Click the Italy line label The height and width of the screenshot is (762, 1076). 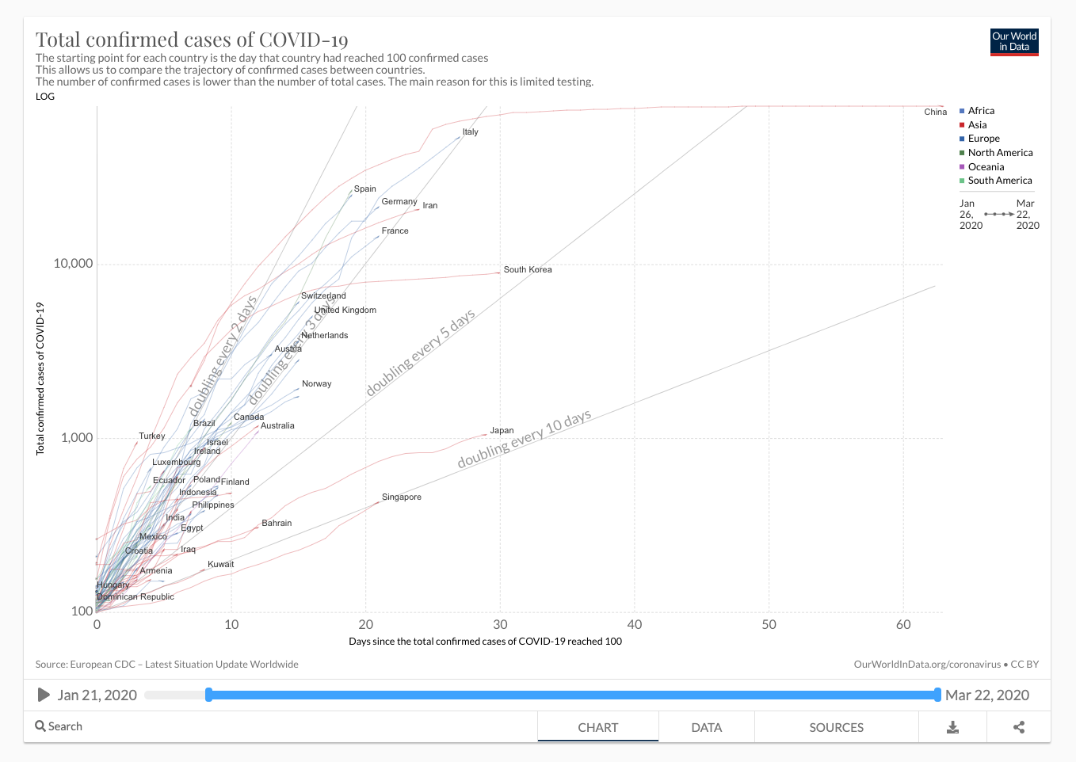click(470, 132)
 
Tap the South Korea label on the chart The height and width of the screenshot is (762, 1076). click(528, 270)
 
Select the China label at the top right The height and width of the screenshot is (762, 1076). click(935, 112)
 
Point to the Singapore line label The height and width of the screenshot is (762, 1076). click(401, 497)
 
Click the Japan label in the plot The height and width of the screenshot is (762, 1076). click(502, 431)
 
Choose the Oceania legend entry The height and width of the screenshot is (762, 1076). click(986, 167)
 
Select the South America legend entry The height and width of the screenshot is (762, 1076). click(999, 181)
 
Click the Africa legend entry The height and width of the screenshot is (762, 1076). click(981, 111)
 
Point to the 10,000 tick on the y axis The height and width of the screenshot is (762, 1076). click(73, 264)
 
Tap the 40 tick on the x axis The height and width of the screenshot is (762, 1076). click(635, 625)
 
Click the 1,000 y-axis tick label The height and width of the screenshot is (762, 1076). click(77, 438)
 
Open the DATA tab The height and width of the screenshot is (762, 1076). click(706, 727)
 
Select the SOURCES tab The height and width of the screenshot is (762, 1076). click(836, 727)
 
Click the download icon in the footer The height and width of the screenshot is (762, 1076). click(952, 727)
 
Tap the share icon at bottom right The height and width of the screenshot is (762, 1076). click(1019, 727)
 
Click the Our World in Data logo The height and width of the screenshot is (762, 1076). click(1014, 42)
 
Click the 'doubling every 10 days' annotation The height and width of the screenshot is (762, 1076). click(525, 440)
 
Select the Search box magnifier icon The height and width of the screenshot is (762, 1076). click(40, 726)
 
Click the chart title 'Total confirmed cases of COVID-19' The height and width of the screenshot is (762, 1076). click(192, 40)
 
